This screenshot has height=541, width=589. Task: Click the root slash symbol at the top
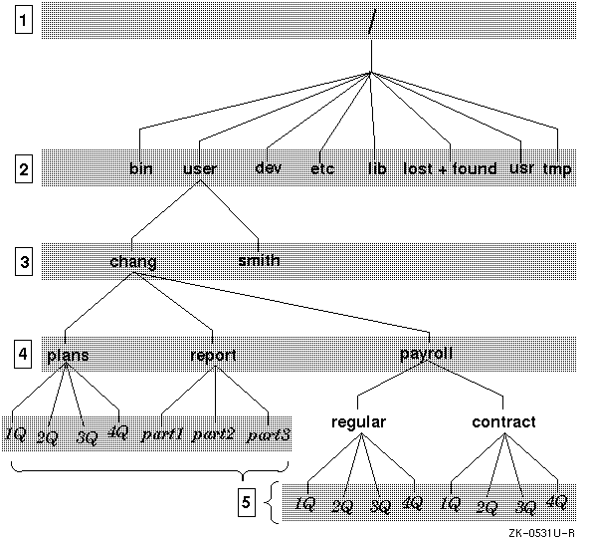[x=371, y=21]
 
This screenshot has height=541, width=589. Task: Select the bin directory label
[x=141, y=168]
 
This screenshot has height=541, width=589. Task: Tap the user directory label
[x=200, y=168]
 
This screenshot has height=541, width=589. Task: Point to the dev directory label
[x=268, y=167]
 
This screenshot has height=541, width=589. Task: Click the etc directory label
[x=322, y=168]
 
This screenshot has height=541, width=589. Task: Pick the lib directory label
[x=377, y=167]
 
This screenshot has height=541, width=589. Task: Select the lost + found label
[x=450, y=168]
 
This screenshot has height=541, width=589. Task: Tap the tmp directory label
[x=557, y=169]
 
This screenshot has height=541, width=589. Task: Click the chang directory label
[x=133, y=262]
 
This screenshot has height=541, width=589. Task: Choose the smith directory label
[x=260, y=260]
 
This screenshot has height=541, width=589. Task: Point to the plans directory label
[x=68, y=356]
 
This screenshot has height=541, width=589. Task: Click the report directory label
[x=213, y=356]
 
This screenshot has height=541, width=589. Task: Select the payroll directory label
[x=426, y=354]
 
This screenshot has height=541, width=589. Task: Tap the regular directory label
[x=358, y=422]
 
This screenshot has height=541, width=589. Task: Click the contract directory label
[x=503, y=422]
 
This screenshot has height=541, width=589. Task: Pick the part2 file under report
[x=213, y=434]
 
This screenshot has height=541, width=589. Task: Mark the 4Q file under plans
[x=118, y=431]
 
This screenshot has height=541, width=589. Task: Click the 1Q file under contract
[x=450, y=504]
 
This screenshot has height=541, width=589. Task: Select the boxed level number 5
[x=247, y=502]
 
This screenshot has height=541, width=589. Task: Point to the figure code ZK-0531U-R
[x=541, y=533]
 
